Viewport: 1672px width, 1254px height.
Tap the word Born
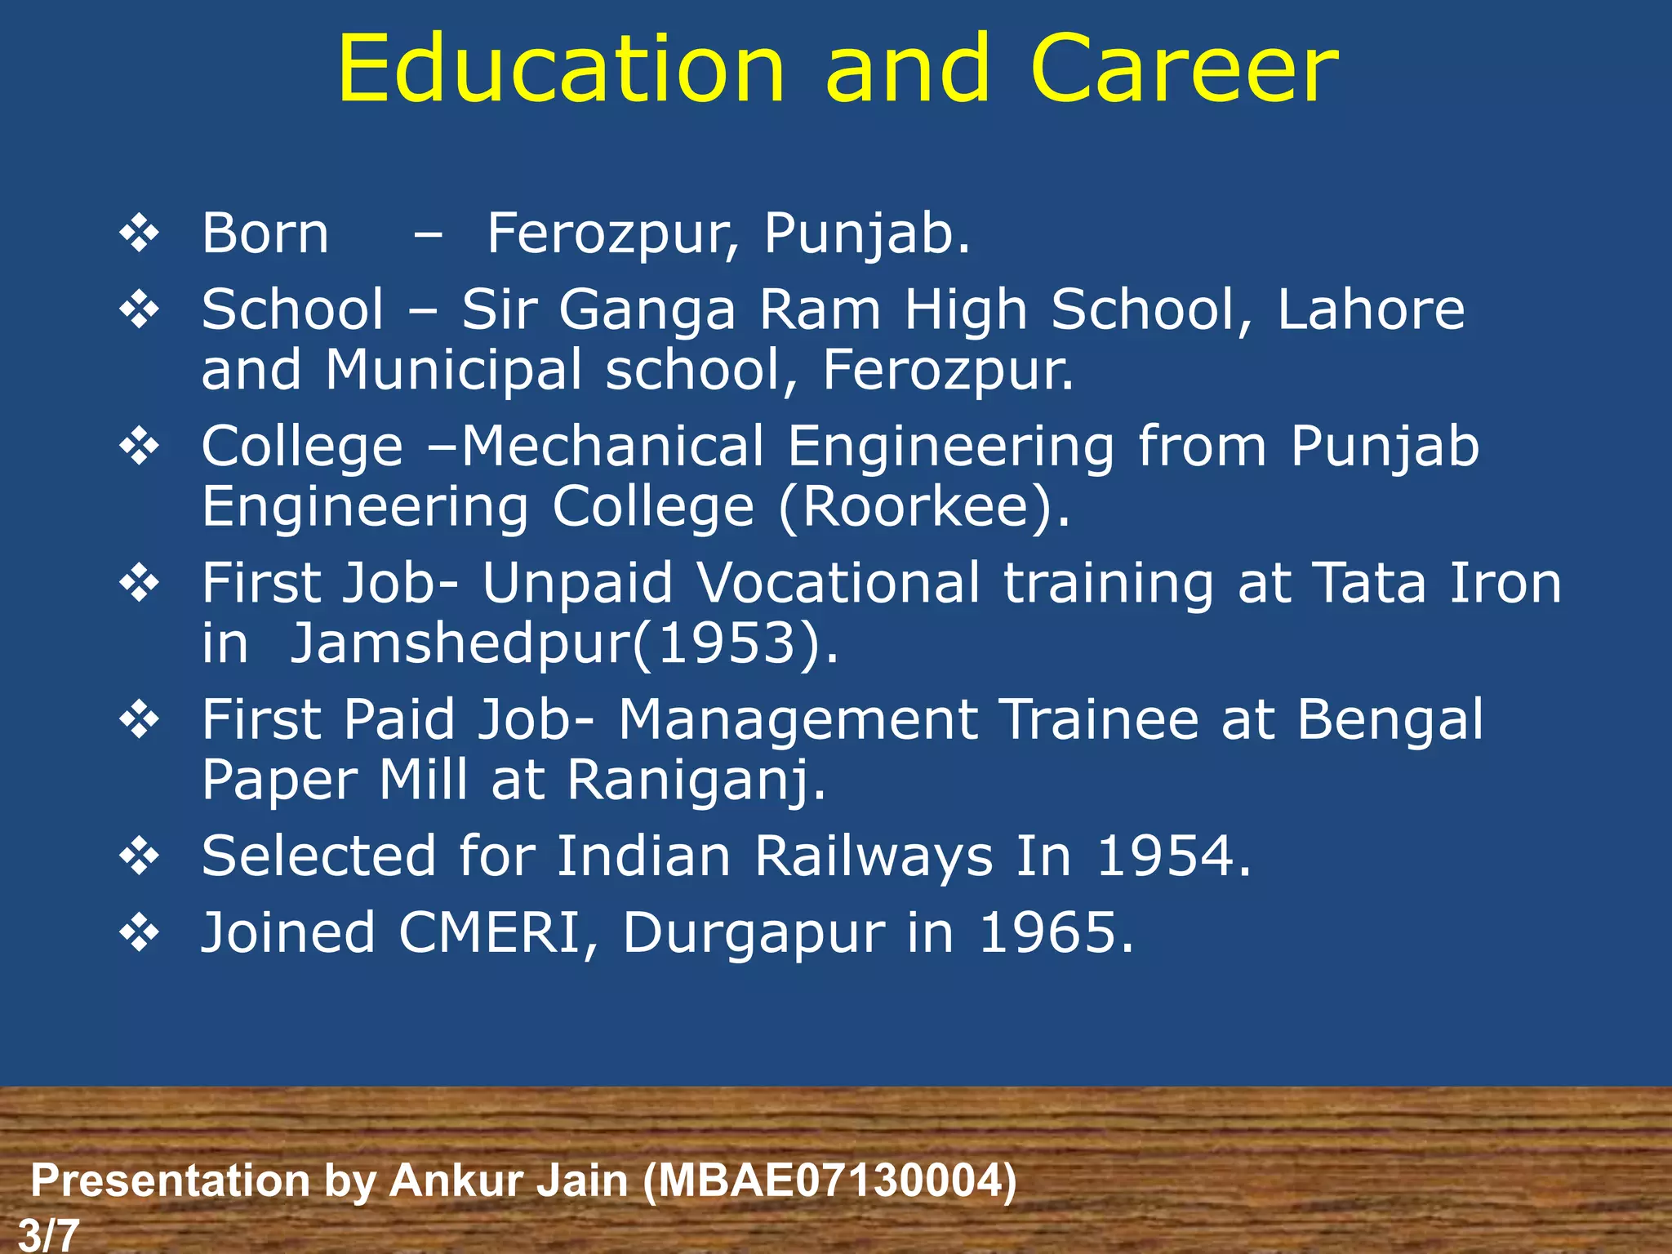pyautogui.click(x=265, y=234)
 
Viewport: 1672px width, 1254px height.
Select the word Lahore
pyautogui.click(x=1371, y=310)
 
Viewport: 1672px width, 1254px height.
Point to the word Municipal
pyautogui.click(x=454, y=371)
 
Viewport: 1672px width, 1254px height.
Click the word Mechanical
pyautogui.click(x=612, y=447)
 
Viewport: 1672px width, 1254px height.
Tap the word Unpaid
pyautogui.click(x=577, y=584)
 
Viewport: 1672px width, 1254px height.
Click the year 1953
pyautogui.click(x=727, y=644)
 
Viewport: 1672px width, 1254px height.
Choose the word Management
pyautogui.click(x=798, y=721)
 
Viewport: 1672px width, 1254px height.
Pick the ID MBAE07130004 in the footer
pyautogui.click(x=829, y=1181)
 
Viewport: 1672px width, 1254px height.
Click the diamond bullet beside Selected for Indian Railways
pyautogui.click(x=140, y=857)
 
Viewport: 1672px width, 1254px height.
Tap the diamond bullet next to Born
pyautogui.click(x=140, y=234)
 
